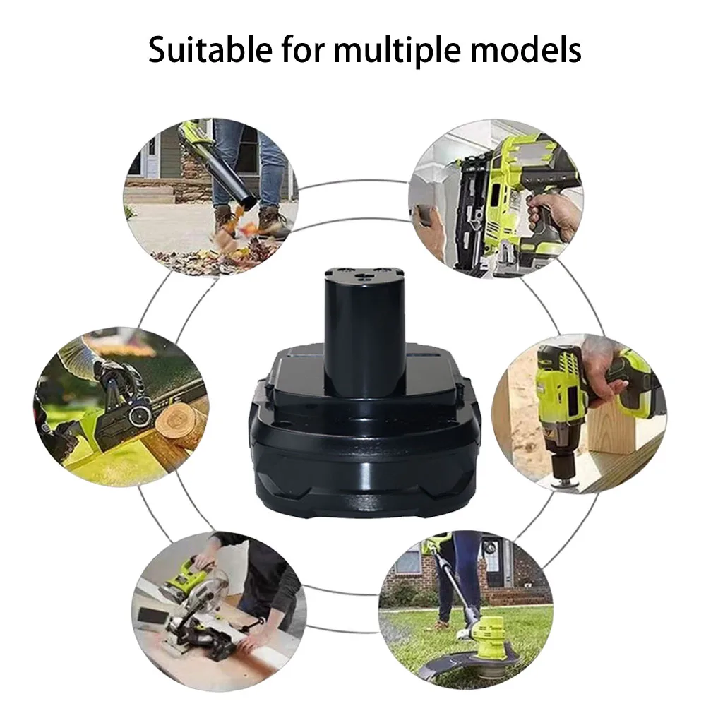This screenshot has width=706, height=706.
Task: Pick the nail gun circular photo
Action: click(494, 198)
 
